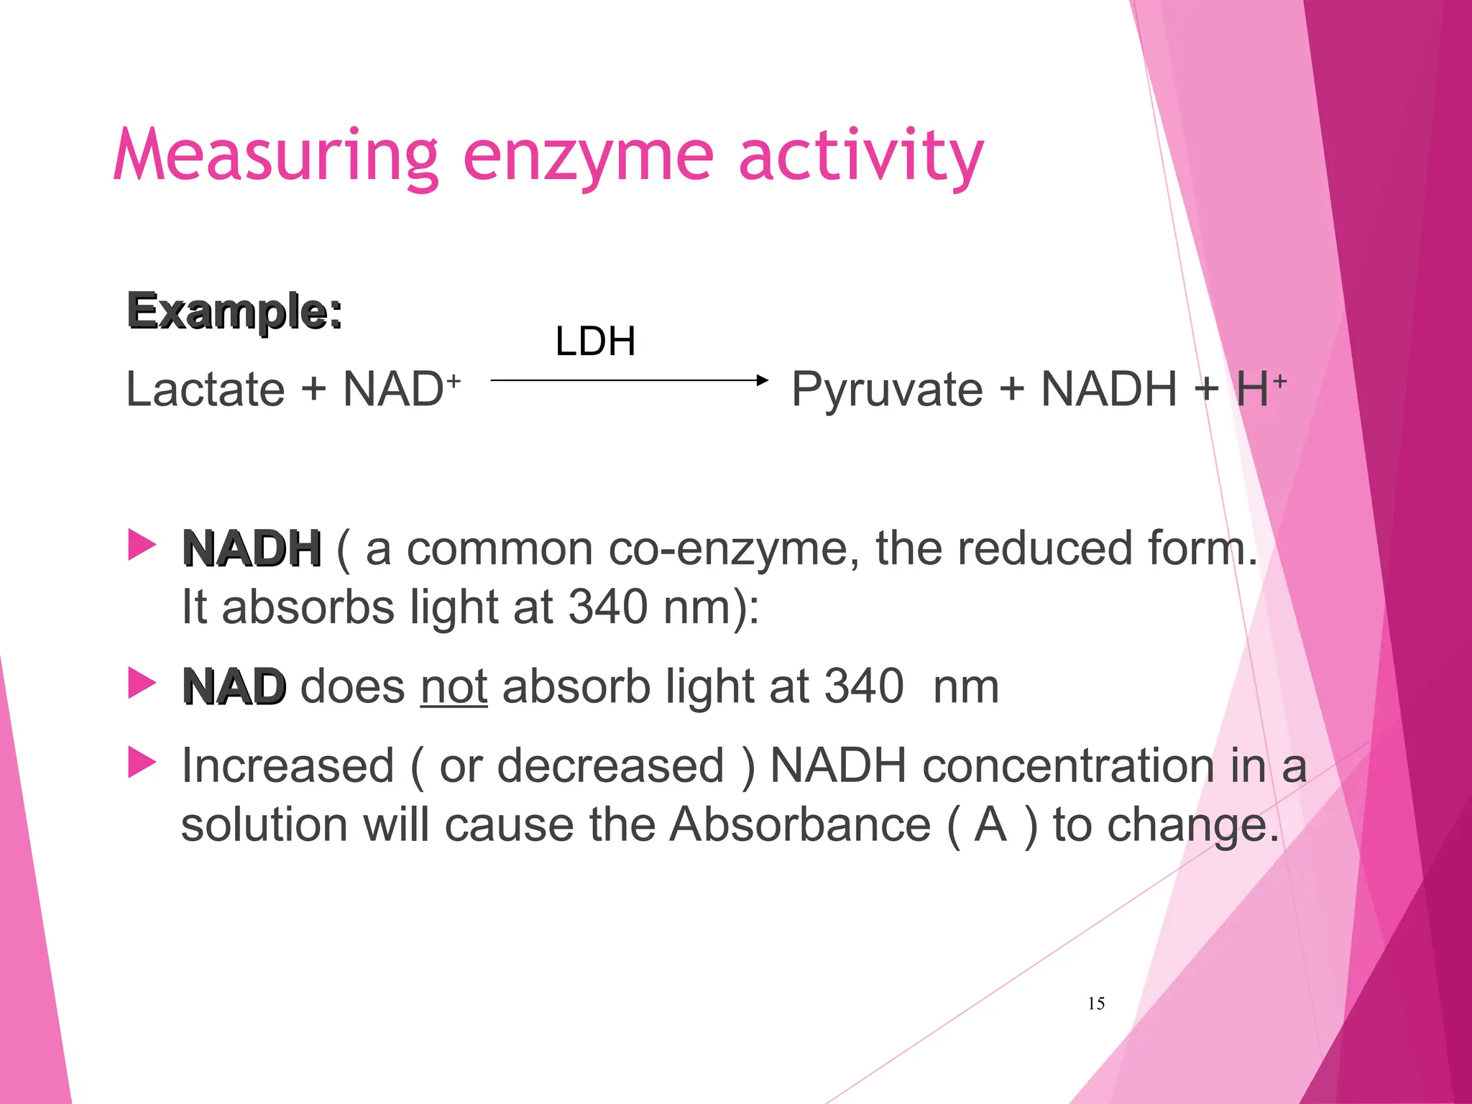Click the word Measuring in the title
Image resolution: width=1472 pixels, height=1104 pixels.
click(x=275, y=155)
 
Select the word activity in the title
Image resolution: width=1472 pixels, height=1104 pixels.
click(x=860, y=157)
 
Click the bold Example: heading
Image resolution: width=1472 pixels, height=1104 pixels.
click(x=234, y=311)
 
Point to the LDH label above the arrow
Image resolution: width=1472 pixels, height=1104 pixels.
click(x=595, y=341)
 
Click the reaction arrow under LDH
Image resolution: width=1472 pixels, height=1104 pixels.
click(x=629, y=379)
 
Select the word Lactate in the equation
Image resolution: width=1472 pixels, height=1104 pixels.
click(x=206, y=389)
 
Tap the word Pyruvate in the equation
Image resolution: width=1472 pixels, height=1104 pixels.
click(x=887, y=390)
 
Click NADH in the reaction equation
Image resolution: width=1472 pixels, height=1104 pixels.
click(x=1109, y=389)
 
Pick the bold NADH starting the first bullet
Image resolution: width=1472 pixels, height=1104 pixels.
click(x=252, y=549)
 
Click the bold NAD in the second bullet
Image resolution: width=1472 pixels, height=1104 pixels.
click(x=234, y=687)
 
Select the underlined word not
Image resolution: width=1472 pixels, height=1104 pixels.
click(x=454, y=687)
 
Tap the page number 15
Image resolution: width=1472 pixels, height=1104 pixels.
click(x=1096, y=1003)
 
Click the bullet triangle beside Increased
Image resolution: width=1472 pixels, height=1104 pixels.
click(x=142, y=762)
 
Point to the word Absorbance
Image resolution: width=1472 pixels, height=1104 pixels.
click(x=800, y=824)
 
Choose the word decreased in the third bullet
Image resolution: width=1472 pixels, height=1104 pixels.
click(x=610, y=765)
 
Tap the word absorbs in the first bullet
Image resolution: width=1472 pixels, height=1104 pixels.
click(x=308, y=607)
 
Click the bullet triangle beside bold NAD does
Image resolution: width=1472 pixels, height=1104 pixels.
click(x=142, y=683)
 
